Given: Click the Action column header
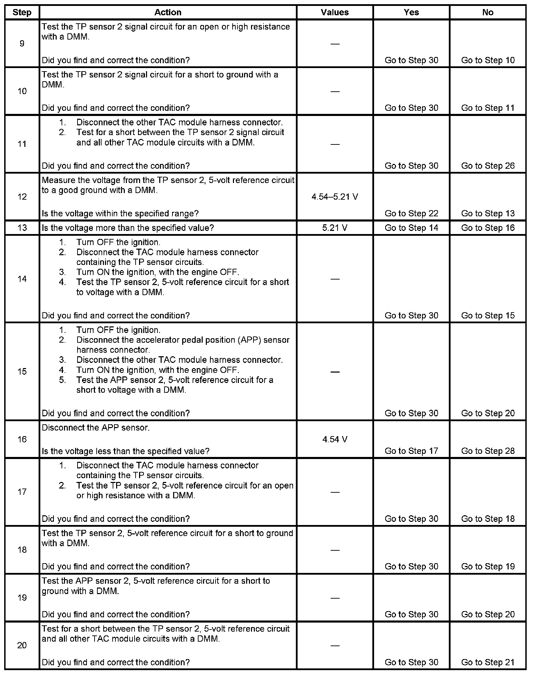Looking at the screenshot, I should [x=168, y=12].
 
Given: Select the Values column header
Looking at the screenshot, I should [x=334, y=12].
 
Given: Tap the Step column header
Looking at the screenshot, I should [x=22, y=12].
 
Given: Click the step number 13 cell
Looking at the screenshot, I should [x=22, y=228].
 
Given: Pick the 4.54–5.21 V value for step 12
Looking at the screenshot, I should [x=334, y=197].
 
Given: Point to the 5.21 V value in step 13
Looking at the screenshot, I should [x=334, y=228].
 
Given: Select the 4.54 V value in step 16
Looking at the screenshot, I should [x=334, y=439].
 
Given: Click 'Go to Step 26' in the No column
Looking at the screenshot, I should [x=487, y=166].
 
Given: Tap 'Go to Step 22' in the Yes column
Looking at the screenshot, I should [x=411, y=213].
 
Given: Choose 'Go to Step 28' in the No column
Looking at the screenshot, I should [x=487, y=451].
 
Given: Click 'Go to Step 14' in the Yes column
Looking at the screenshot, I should [x=411, y=228].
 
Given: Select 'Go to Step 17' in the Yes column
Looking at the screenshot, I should [x=411, y=451].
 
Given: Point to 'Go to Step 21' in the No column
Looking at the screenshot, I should [x=487, y=662].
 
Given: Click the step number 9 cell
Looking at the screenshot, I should [x=22, y=43].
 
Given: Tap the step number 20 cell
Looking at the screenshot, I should [x=22, y=645].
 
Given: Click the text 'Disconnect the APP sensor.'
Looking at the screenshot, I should [x=96, y=428].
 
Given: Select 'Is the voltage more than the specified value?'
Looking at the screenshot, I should [x=128, y=228].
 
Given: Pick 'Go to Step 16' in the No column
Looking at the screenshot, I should [x=487, y=228].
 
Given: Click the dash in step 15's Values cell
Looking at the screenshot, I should [x=334, y=372].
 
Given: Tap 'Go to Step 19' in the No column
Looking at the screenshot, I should [x=487, y=566].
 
